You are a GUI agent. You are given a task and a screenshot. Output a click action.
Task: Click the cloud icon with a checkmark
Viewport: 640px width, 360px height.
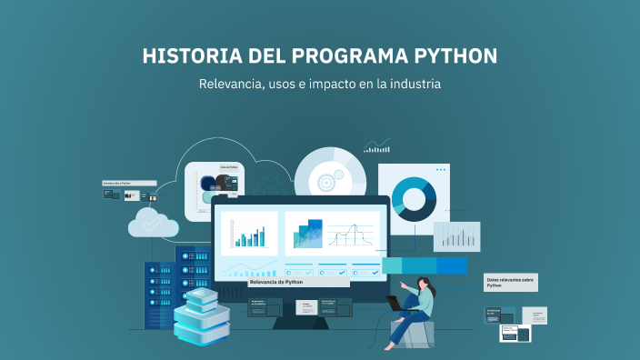[x=153, y=222]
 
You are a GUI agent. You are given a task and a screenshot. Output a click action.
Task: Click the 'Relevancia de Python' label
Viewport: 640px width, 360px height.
[x=276, y=283]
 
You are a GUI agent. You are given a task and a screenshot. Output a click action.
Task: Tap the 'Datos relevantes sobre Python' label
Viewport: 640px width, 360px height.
[x=510, y=282]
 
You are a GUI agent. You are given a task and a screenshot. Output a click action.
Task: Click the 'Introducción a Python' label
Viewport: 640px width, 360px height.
[x=117, y=184]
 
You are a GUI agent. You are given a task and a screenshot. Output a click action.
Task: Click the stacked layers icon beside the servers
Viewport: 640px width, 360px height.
[x=200, y=314]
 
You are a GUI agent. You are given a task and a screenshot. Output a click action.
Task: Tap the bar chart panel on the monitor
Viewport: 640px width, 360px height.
[x=249, y=234]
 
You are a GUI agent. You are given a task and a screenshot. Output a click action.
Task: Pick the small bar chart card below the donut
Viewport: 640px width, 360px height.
[x=455, y=236]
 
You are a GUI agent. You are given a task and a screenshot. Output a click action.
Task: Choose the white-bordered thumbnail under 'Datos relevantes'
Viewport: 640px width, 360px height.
[x=515, y=333]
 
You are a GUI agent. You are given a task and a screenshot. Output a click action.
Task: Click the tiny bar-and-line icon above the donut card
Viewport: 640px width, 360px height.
[x=376, y=145]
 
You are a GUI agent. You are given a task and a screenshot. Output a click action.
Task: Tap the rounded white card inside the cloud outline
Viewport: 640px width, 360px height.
[x=215, y=191]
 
